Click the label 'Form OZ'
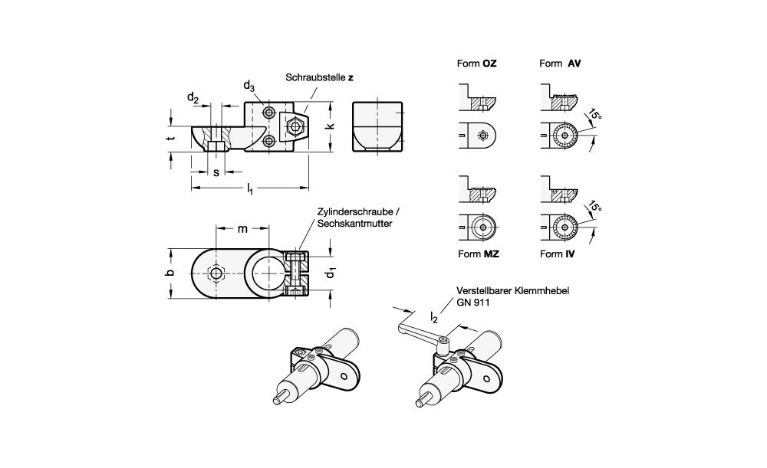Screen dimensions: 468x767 [477, 64]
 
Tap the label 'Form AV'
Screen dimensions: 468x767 [560, 64]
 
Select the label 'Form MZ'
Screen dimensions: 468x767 [478, 254]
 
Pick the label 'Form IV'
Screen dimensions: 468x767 [558, 254]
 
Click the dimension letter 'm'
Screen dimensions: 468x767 [242, 229]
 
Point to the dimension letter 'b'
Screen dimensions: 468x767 [170, 272]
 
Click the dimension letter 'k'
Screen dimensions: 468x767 [331, 126]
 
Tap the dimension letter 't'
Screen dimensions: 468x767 [170, 139]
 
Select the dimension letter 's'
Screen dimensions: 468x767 [216, 172]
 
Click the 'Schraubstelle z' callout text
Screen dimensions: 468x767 [319, 78]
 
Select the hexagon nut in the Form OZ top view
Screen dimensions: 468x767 [482, 136]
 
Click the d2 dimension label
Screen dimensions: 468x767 [193, 98]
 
